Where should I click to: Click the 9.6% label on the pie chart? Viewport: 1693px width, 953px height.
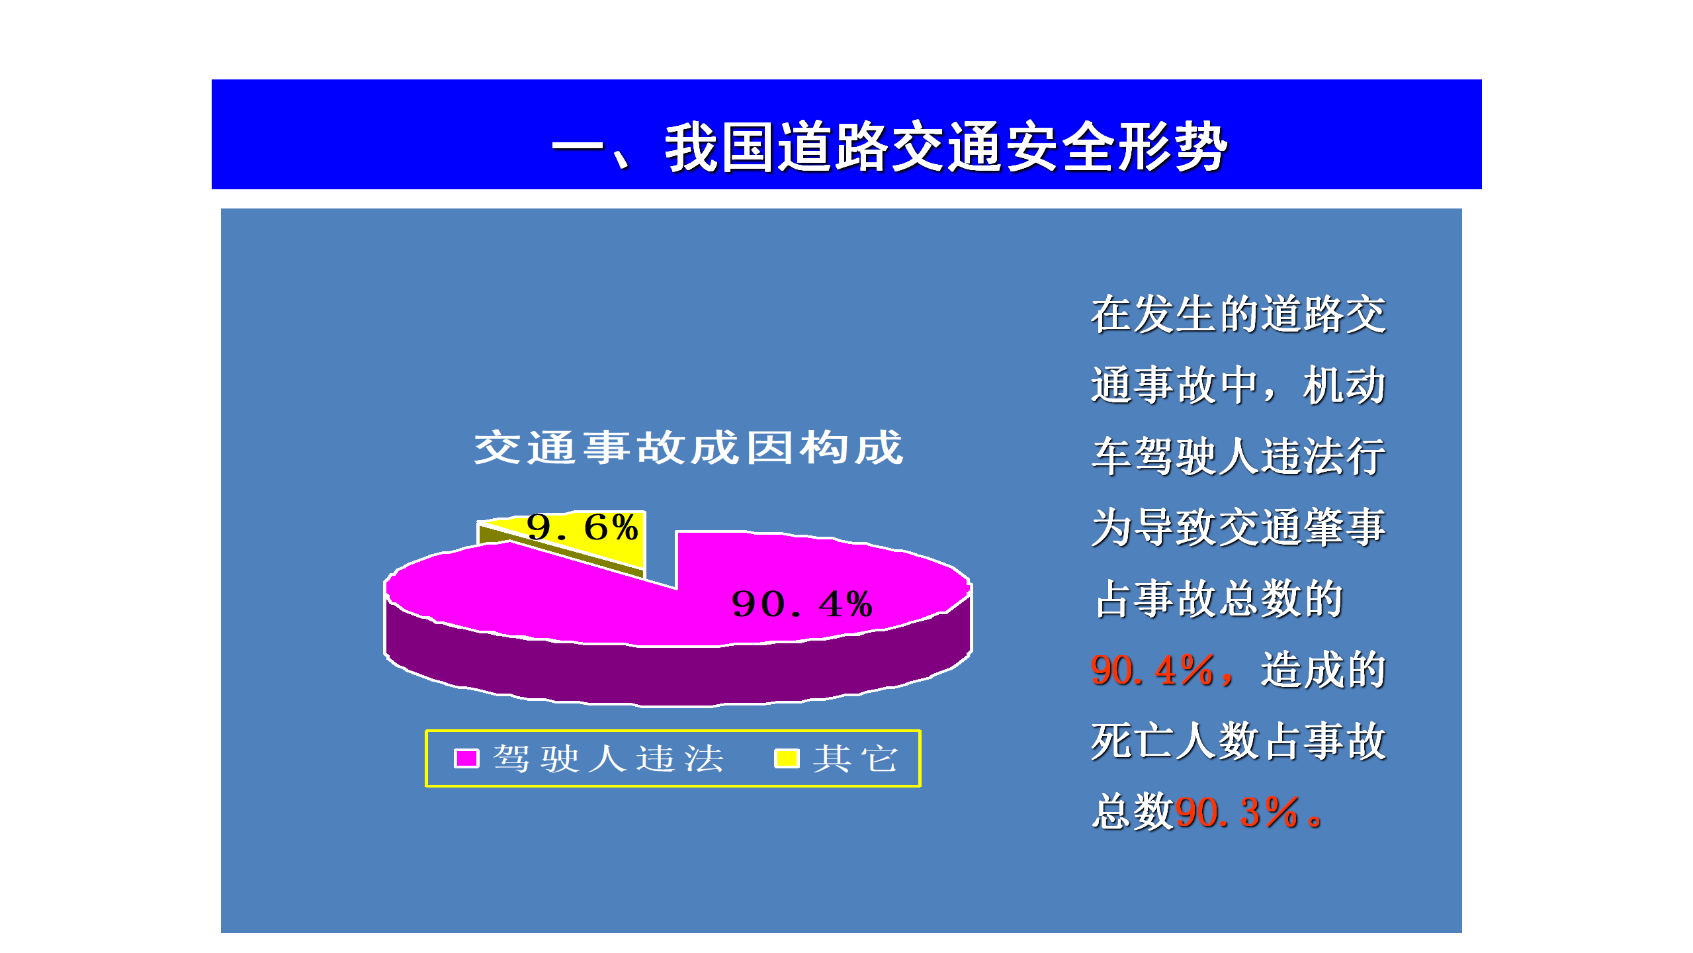click(x=582, y=527)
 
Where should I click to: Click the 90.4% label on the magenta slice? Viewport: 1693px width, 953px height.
click(x=802, y=604)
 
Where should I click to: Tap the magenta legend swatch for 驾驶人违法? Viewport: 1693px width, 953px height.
click(x=466, y=758)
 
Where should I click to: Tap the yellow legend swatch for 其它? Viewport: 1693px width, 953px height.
click(x=787, y=758)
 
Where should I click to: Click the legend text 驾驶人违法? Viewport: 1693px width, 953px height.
click(x=609, y=758)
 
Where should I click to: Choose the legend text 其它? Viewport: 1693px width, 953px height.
click(x=855, y=758)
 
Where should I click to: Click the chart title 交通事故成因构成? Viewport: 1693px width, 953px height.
click(x=689, y=447)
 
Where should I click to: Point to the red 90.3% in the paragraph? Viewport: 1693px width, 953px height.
click(x=1237, y=812)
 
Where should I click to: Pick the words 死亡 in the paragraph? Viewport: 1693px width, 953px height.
click(x=1133, y=741)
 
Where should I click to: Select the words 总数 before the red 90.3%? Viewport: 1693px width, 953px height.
click(x=1133, y=812)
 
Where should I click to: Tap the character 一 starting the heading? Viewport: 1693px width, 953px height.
click(x=578, y=147)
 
